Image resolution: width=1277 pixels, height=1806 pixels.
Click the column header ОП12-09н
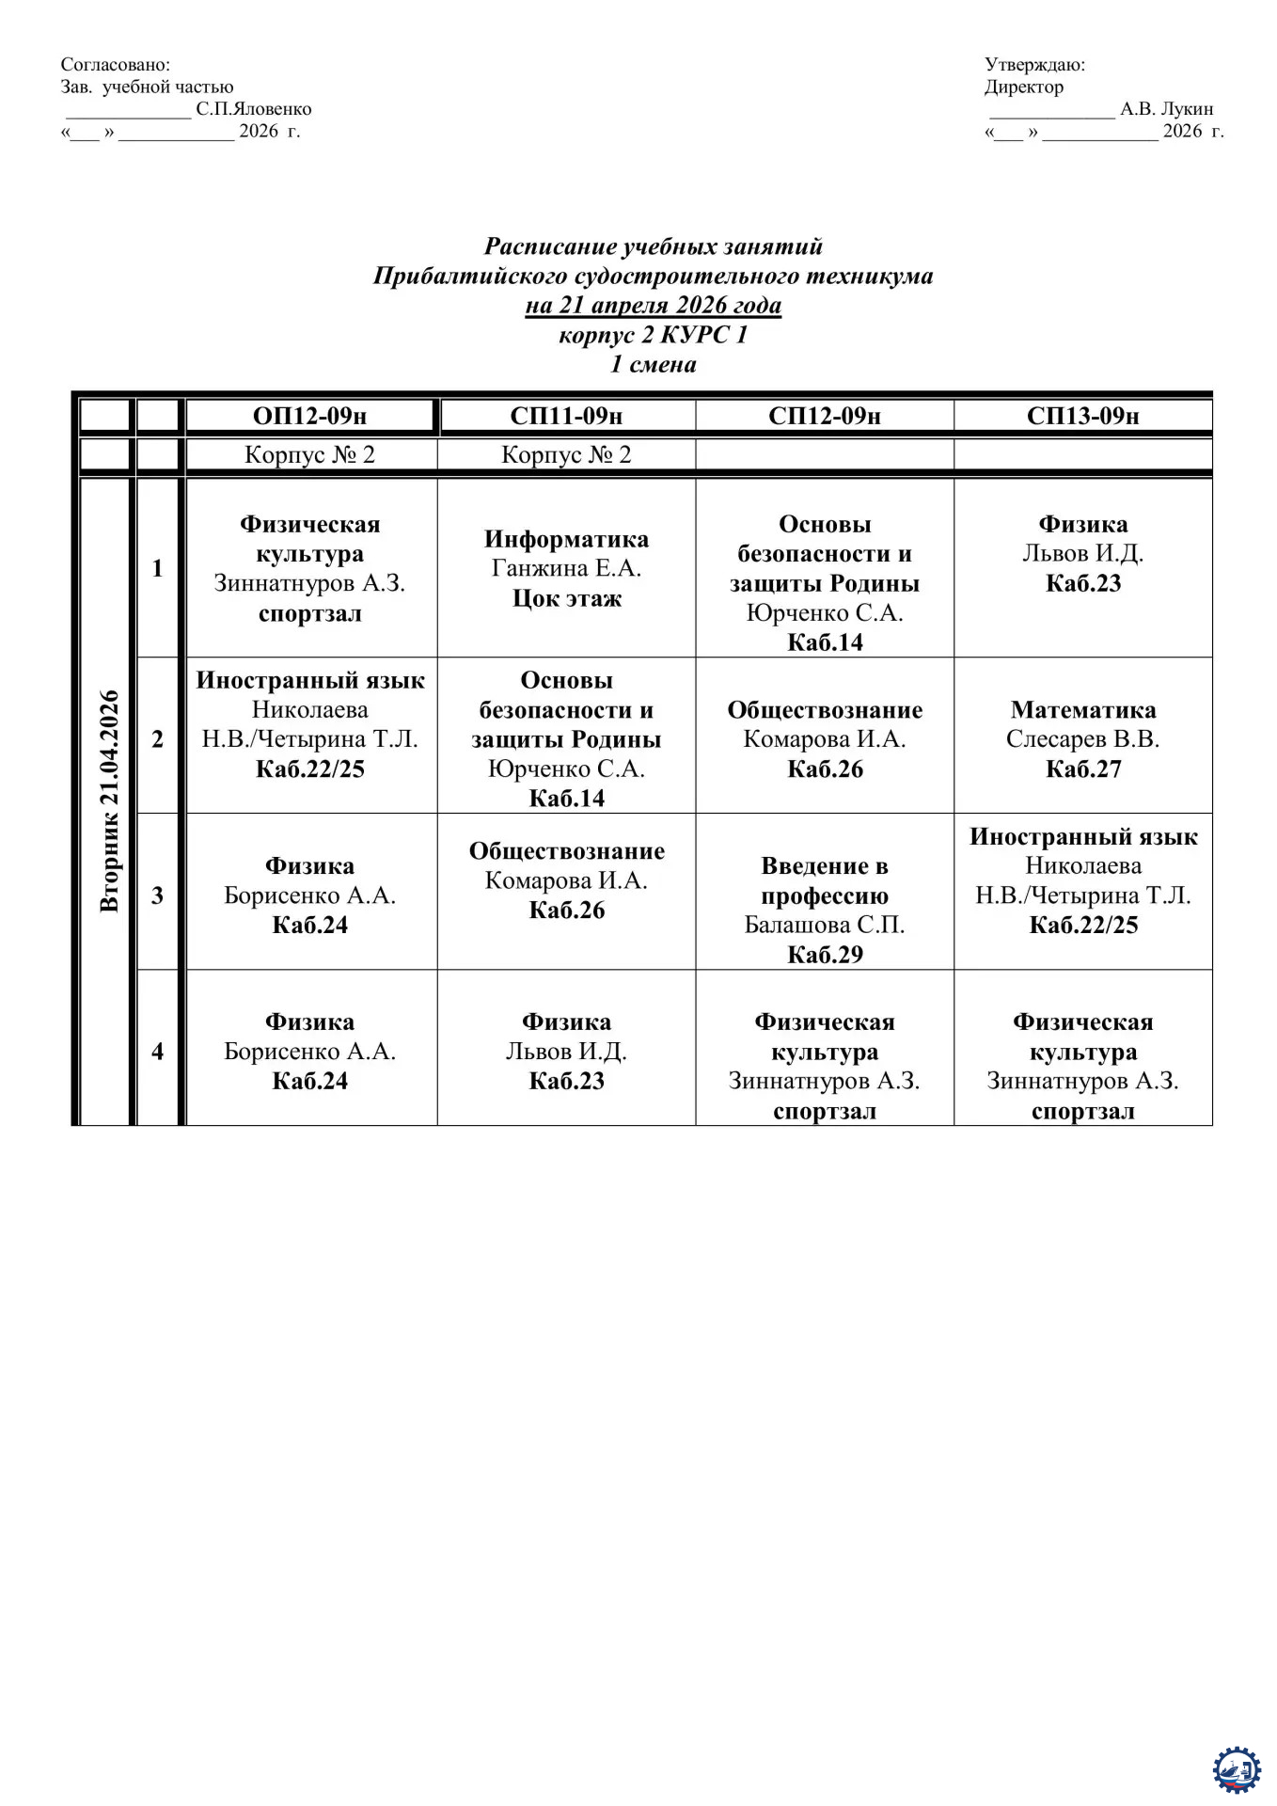pyautogui.click(x=309, y=416)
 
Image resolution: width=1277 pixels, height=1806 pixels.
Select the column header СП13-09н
pyautogui.click(x=1082, y=416)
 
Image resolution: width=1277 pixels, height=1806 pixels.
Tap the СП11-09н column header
pyautogui.click(x=566, y=416)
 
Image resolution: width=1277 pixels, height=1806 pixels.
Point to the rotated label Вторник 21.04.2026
pyautogui.click(x=109, y=800)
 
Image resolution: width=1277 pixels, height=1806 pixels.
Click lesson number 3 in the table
pyautogui.click(x=157, y=895)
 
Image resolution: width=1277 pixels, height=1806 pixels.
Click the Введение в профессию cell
pyautogui.click(x=824, y=880)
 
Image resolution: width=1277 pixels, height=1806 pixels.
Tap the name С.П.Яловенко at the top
pyautogui.click(x=253, y=109)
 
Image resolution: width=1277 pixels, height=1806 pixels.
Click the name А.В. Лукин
pyautogui.click(x=1166, y=109)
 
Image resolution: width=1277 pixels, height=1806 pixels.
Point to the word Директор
pyautogui.click(x=1023, y=87)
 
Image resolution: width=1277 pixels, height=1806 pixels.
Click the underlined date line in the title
pyautogui.click(x=653, y=305)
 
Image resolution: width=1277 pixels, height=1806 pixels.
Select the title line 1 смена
pyautogui.click(x=653, y=364)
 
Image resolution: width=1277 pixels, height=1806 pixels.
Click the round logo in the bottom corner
pyautogui.click(x=1236, y=1769)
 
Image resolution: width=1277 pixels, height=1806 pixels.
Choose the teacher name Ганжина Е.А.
pyautogui.click(x=566, y=568)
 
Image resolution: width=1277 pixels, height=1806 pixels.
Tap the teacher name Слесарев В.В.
pyautogui.click(x=1082, y=739)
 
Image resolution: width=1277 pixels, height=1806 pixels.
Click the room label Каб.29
pyautogui.click(x=825, y=955)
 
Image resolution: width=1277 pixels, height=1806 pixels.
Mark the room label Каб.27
pyautogui.click(x=1083, y=769)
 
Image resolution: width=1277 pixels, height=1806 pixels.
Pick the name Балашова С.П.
pyautogui.click(x=824, y=925)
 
